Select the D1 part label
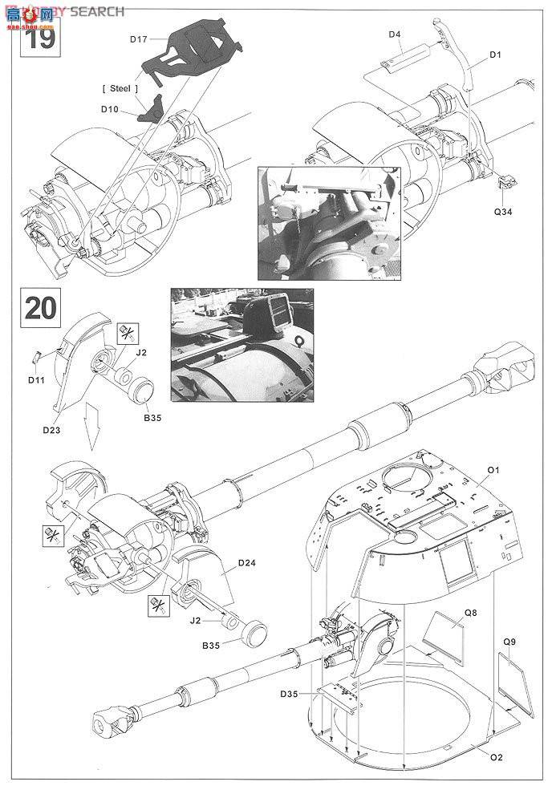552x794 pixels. pos(495,55)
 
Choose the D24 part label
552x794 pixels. pos(246,563)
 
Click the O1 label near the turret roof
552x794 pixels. pos(494,468)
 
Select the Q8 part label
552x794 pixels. pos(471,612)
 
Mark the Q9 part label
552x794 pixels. pos(509,642)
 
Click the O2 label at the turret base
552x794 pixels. pos(495,758)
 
